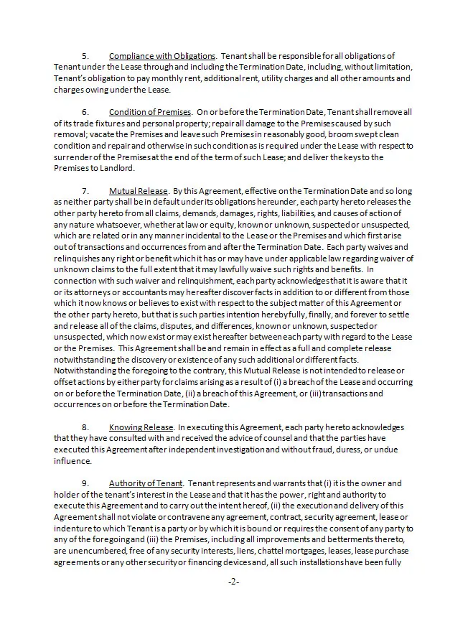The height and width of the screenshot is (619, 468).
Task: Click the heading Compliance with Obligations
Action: pos(162,56)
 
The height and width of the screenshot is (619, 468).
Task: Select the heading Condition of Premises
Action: pos(149,112)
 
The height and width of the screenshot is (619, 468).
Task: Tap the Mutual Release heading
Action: pos(138,192)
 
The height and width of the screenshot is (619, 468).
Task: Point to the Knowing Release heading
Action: pos(141,427)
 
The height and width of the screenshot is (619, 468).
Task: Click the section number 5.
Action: pos(85,56)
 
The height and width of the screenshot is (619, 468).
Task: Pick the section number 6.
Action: pos(85,112)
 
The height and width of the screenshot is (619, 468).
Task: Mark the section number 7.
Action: pos(85,192)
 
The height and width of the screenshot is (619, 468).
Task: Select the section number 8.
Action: pos(85,427)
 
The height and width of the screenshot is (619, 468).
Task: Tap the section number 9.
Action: pos(85,483)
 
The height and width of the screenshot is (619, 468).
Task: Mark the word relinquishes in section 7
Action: pos(78,258)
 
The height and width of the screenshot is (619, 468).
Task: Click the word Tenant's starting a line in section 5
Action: pos(70,78)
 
